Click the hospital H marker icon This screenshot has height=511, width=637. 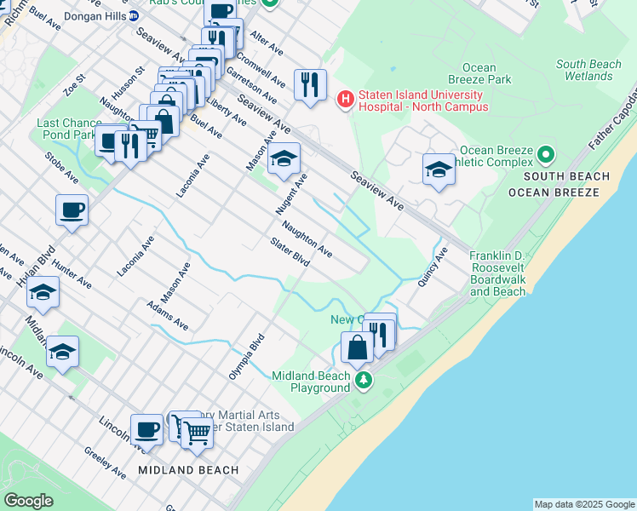346,100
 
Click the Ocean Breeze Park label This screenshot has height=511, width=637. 486,73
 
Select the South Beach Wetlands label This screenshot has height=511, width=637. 589,70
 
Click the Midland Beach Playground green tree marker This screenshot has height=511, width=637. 364,379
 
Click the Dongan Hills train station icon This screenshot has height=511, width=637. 134,16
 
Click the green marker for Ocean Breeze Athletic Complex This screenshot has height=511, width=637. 546,156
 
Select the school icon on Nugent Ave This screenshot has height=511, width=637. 284,159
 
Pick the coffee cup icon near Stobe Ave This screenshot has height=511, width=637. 72,210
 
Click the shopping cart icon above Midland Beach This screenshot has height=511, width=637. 197,432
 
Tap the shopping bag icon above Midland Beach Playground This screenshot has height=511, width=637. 357,347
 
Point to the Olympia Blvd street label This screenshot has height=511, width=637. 247,357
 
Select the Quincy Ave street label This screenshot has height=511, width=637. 433,267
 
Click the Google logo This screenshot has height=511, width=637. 28,501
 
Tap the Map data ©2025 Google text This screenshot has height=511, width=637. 584,504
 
